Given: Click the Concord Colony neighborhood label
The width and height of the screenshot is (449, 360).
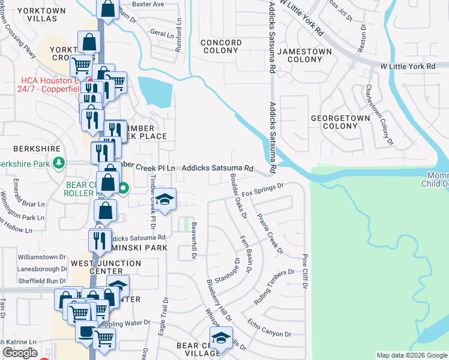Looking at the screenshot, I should (221, 47).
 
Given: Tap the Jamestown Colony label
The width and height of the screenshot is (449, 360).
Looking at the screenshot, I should (305, 56).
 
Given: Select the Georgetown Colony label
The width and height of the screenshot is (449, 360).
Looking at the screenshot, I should (340, 122).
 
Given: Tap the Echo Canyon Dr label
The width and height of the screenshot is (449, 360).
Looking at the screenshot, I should (269, 328).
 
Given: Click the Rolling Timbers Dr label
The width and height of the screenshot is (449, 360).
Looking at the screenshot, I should (274, 287).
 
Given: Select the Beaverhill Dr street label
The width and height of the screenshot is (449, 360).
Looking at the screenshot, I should (194, 242).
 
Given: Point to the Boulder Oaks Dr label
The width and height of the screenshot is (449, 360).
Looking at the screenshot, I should (238, 196).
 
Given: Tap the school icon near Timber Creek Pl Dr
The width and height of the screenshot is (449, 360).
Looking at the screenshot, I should (163, 201).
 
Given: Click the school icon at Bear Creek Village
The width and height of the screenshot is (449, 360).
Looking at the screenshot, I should (221, 338).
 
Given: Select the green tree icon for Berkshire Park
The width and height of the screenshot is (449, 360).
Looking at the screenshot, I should (58, 162).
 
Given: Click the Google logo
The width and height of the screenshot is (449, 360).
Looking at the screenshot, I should (20, 353).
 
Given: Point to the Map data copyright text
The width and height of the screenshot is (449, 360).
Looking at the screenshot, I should (411, 355).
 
